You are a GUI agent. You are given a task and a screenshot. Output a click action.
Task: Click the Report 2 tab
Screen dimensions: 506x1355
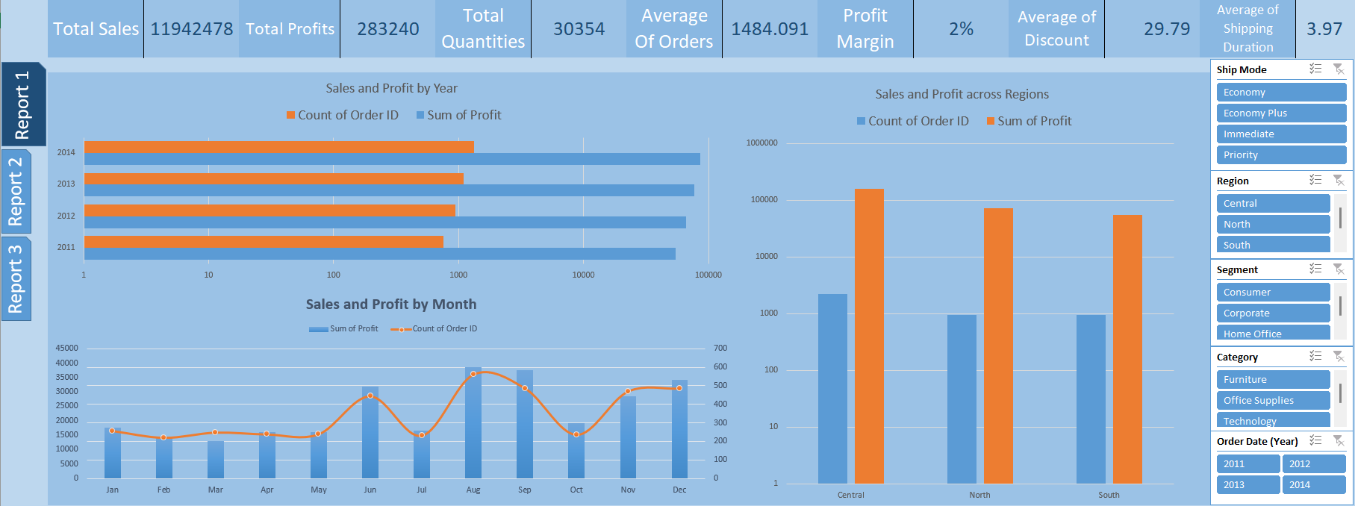(x=16, y=192)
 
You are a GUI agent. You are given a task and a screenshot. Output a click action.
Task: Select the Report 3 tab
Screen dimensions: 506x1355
(x=16, y=278)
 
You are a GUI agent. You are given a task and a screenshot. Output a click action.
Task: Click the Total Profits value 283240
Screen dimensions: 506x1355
(x=387, y=29)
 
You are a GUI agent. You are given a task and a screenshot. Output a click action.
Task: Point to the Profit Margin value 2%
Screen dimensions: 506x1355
(x=961, y=29)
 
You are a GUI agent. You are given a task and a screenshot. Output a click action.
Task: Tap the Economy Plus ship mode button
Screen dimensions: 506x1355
(x=1280, y=113)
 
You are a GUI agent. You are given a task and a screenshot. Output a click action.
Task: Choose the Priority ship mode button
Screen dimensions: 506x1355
(x=1280, y=155)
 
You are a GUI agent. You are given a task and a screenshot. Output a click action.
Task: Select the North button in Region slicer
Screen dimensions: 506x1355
(x=1273, y=224)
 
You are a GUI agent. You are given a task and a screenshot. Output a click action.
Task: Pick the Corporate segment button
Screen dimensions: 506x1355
(x=1273, y=313)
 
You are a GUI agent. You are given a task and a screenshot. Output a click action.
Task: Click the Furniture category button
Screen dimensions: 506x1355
(x=1273, y=380)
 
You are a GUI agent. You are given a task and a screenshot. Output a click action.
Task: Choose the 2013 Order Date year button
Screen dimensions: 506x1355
(x=1247, y=485)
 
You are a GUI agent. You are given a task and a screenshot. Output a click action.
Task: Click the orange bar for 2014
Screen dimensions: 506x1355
(x=278, y=147)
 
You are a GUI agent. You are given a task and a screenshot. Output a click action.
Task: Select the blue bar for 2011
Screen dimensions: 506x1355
(x=379, y=254)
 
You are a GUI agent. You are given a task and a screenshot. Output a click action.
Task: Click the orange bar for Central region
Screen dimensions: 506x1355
(x=869, y=336)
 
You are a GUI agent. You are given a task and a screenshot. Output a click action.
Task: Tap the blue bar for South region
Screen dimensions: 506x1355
(x=1091, y=399)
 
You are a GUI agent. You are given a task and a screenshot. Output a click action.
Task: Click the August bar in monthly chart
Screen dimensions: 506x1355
(x=473, y=425)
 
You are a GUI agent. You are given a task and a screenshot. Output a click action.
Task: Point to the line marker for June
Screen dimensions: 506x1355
(x=370, y=396)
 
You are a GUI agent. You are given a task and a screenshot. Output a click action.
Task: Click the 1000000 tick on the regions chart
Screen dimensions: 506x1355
(x=761, y=143)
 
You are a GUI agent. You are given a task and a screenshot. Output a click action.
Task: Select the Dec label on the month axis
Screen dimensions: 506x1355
(x=679, y=490)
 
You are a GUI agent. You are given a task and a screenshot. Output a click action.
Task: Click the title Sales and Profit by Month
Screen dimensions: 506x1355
(x=390, y=304)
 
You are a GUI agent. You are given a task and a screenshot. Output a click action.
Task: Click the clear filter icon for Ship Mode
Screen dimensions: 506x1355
(x=1339, y=69)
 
